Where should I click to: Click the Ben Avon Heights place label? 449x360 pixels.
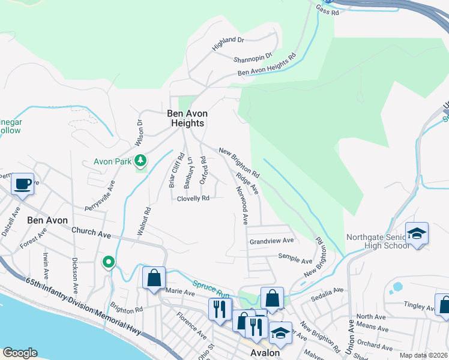tap(185, 118)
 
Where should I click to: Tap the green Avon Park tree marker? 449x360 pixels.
tap(140, 161)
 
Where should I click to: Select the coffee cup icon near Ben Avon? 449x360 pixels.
tap(23, 184)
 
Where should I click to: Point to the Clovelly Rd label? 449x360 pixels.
tap(193, 199)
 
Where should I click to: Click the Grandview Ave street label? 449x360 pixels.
tap(271, 241)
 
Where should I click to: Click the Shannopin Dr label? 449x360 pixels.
tap(252, 57)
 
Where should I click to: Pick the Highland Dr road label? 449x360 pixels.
tap(228, 43)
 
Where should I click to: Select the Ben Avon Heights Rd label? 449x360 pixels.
tap(267, 65)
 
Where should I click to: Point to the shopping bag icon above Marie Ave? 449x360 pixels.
tap(154, 278)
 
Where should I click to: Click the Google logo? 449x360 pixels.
tap(19, 353)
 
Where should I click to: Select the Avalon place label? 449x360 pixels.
tap(264, 353)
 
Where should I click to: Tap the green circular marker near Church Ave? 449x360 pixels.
tap(108, 262)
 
